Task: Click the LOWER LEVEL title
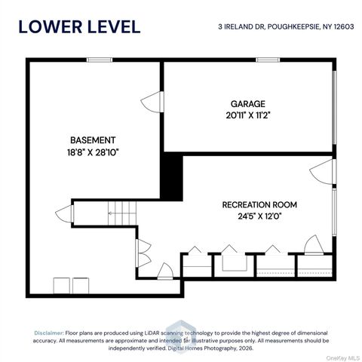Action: (x=79, y=27)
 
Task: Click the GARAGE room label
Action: (x=248, y=104)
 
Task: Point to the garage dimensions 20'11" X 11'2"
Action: (x=248, y=115)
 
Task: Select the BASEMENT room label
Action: (x=93, y=140)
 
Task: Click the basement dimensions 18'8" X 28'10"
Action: (x=93, y=152)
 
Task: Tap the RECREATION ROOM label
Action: (x=259, y=204)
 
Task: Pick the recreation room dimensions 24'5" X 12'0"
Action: (x=259, y=216)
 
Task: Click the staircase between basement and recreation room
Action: (x=122, y=213)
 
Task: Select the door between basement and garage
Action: (x=152, y=102)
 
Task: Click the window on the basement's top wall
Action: (x=100, y=60)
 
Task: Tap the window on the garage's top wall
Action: (x=268, y=60)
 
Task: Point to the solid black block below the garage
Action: (x=171, y=178)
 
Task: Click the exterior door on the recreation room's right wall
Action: (x=323, y=172)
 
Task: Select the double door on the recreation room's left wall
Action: (x=143, y=253)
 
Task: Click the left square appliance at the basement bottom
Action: (x=62, y=286)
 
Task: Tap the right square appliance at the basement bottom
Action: (x=81, y=286)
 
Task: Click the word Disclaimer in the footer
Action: (x=49, y=333)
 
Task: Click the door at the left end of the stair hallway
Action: (x=65, y=213)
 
